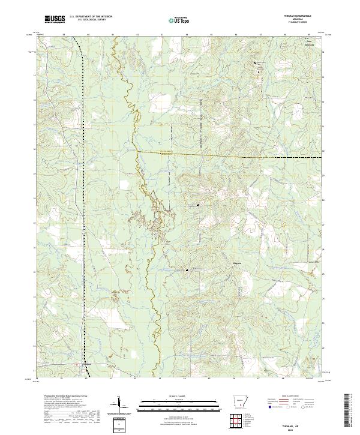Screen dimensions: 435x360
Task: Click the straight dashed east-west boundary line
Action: pos(240,156)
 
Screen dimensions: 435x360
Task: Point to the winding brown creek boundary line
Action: pos(152,288)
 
